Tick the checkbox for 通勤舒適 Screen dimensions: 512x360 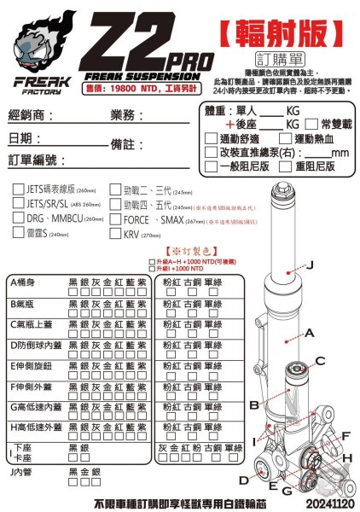coord(212,138)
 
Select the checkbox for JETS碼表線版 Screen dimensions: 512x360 coord(18,191)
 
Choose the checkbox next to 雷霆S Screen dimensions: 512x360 coord(18,234)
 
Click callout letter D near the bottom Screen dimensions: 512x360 coord(244,480)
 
